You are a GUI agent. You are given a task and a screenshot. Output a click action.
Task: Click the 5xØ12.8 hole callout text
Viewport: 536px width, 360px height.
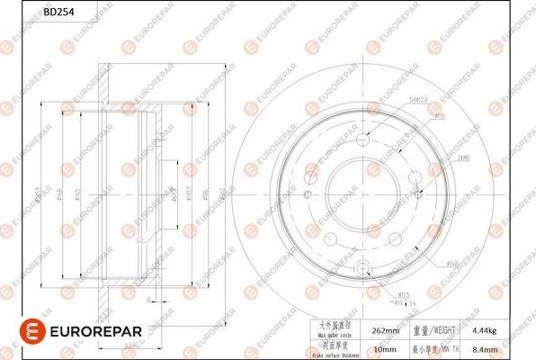[x=415, y=101]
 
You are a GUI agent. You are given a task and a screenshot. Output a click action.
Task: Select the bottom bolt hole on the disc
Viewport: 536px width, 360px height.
[x=362, y=267]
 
